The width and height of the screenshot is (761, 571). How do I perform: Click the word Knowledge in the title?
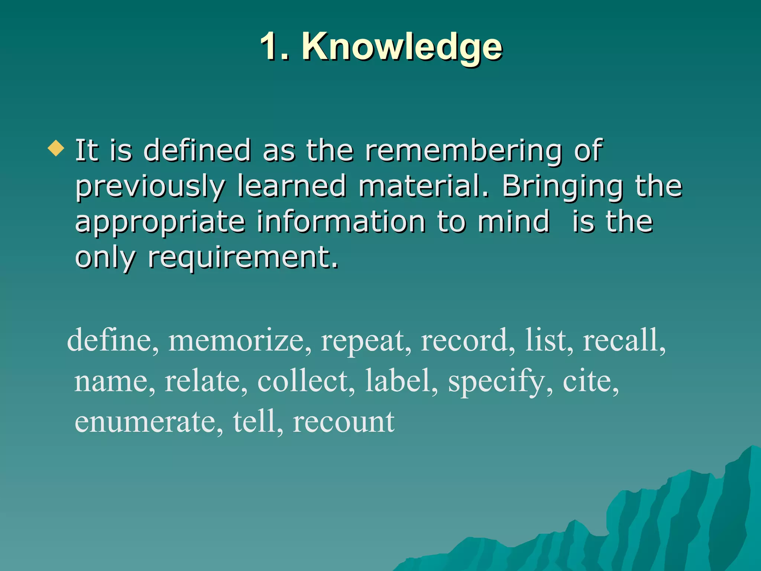coord(402,47)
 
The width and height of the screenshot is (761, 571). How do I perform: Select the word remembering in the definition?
coord(463,151)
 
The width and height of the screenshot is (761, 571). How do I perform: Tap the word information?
coord(341,222)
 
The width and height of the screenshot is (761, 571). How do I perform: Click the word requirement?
coord(243,258)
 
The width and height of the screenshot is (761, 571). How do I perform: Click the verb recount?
coord(343,422)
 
